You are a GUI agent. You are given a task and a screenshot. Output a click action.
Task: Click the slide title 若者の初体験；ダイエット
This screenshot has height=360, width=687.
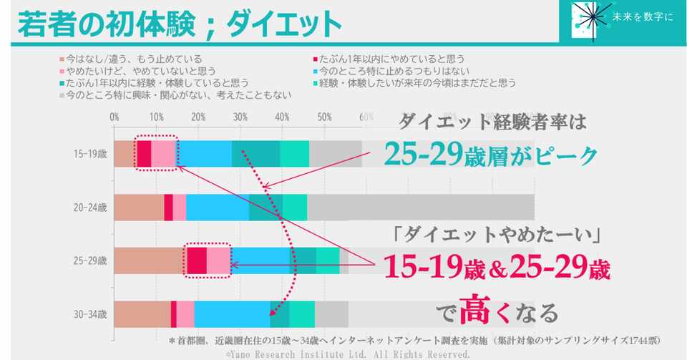pos(179,24)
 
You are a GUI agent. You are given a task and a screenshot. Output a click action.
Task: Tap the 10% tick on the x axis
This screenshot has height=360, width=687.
pos(156,117)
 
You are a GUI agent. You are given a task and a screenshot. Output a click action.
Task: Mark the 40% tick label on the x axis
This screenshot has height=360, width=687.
pos(282,117)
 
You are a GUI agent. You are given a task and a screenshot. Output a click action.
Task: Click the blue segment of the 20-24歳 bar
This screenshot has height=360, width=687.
pos(218,208)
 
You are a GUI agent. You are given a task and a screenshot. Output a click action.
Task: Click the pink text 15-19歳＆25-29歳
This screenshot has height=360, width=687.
pos(497,268)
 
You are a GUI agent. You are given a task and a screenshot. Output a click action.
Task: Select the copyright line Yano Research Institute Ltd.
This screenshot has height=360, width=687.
pos(348,354)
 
